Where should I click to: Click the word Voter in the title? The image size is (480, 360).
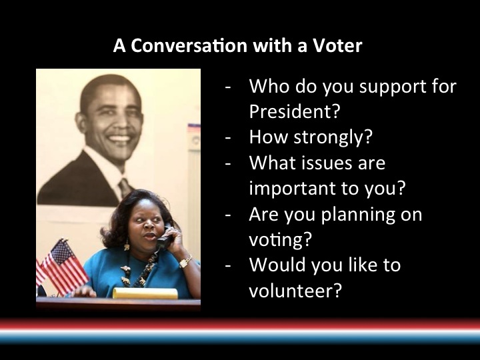[x=337, y=45]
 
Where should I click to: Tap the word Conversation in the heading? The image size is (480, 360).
[x=189, y=45]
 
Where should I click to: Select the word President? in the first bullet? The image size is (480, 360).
[x=295, y=111]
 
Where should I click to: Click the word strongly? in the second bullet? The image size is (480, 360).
[x=333, y=137]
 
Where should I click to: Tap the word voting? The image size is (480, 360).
[x=280, y=239]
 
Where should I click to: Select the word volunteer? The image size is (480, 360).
[x=295, y=290]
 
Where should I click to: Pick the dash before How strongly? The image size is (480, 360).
[x=228, y=138]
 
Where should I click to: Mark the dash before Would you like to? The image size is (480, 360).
[x=228, y=265]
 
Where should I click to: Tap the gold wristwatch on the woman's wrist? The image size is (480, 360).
[x=185, y=262]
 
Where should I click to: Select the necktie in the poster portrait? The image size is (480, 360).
[x=125, y=187]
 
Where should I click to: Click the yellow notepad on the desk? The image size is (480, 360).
[x=145, y=293]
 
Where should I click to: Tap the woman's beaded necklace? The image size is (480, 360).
[x=139, y=270]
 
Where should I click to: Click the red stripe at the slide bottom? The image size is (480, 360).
[x=240, y=324]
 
